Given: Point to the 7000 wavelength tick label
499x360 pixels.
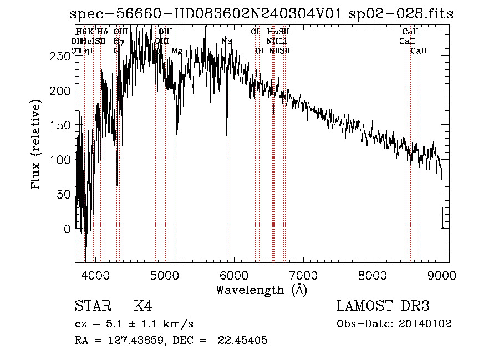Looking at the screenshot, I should [x=303, y=274].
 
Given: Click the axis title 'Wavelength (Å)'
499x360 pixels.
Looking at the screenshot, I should [x=261, y=290].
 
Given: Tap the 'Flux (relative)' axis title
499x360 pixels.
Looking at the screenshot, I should [x=37, y=145].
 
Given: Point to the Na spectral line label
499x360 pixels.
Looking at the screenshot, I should [x=226, y=41].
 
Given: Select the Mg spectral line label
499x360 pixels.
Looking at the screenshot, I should [x=176, y=51].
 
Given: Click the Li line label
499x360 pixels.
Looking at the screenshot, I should [x=283, y=41].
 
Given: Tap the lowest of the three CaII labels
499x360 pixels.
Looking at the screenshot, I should [x=419, y=51].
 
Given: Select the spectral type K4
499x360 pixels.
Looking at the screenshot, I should [x=143, y=307].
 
